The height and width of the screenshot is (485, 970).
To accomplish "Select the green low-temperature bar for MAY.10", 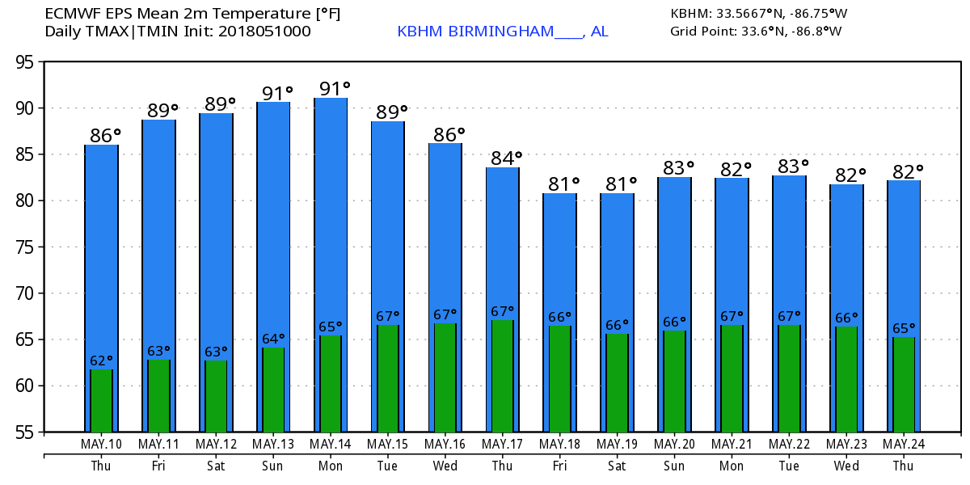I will point(101,401).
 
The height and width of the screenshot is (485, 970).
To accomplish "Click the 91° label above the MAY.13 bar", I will point(276,92).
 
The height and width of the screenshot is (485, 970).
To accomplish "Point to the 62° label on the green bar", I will point(101,361).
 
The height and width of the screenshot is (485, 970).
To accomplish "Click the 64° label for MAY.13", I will point(273,339).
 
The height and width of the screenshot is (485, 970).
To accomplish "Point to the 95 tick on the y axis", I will point(27,62).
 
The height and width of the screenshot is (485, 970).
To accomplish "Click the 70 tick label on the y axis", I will point(27,293).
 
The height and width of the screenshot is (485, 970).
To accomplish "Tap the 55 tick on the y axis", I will point(27,432).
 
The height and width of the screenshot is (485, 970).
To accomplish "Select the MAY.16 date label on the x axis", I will point(445,445).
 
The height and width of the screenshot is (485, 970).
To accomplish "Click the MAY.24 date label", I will point(904,445).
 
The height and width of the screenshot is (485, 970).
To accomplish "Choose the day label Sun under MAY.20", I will point(674,466).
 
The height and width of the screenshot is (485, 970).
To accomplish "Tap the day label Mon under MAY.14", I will point(331,466).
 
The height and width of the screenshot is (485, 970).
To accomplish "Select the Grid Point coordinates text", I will point(756,32).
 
